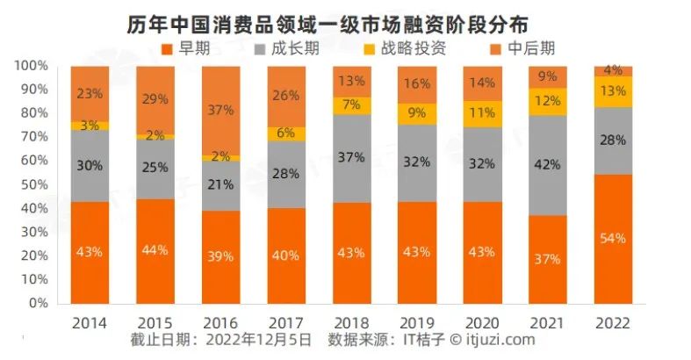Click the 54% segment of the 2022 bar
(x=613, y=239)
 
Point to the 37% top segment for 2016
(x=220, y=111)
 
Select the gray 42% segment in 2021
(x=547, y=165)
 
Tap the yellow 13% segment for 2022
(x=613, y=91)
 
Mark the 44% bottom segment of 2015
(x=155, y=251)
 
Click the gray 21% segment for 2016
(x=220, y=185)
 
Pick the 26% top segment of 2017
(x=286, y=97)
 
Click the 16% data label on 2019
(x=417, y=84)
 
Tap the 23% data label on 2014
(x=90, y=92)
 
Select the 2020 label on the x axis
(x=482, y=322)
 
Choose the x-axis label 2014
(x=90, y=322)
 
